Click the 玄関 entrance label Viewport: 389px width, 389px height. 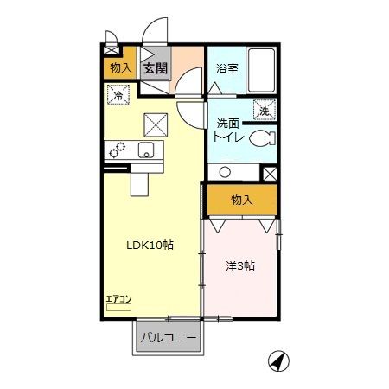tap(156, 68)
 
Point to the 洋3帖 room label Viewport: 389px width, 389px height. tap(239, 265)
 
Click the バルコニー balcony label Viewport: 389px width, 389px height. tap(169, 337)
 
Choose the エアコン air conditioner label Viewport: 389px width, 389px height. tap(118, 299)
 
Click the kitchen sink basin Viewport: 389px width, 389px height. tap(144, 152)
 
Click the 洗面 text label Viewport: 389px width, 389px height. tap(228, 124)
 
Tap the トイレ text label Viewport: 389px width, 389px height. tap(228, 137)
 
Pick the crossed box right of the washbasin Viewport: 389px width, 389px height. tap(268, 172)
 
